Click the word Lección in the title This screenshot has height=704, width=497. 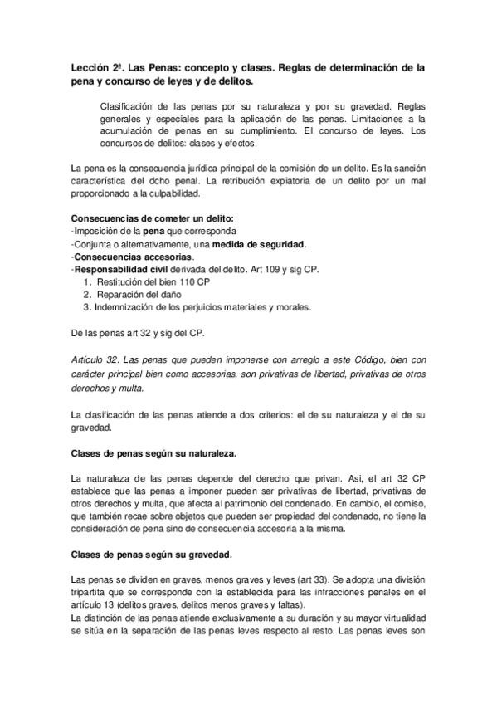point(90,67)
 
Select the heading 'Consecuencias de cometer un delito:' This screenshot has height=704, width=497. point(141,218)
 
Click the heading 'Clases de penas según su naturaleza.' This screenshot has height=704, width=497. point(153,452)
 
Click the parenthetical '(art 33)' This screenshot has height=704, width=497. point(291,579)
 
